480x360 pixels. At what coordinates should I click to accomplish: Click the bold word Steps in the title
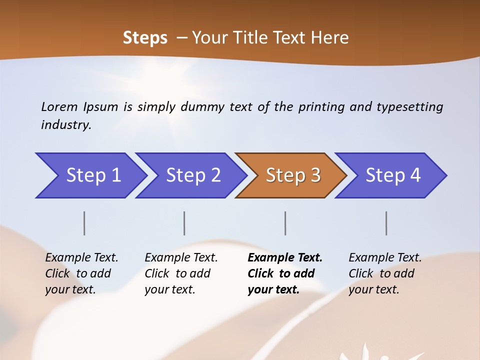tap(145, 38)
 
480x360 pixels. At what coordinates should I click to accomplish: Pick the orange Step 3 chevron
tap(292, 175)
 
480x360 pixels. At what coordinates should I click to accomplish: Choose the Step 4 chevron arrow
tap(392, 175)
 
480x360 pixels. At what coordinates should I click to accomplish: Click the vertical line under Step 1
tap(84, 223)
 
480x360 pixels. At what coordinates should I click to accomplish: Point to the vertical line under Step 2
tap(184, 223)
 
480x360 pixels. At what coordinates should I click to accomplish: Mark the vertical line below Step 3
tap(285, 223)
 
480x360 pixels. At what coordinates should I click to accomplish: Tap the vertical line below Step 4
tap(386, 223)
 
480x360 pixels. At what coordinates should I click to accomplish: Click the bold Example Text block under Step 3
tap(284, 273)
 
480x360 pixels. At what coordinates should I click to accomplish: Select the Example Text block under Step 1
tap(81, 273)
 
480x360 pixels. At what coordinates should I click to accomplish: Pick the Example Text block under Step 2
tap(181, 273)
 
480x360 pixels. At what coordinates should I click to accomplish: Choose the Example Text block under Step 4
tap(385, 273)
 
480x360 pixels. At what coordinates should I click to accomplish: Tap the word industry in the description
tap(65, 125)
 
